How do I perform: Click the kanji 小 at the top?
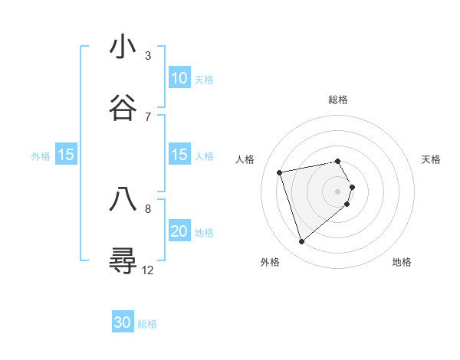point(124,47)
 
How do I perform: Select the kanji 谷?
point(124,108)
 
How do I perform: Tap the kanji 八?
point(124,199)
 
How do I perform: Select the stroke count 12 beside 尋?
point(148,270)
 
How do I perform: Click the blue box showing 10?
point(179,78)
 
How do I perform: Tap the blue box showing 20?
point(179,231)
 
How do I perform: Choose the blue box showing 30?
point(123,322)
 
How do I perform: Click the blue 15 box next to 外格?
point(66,155)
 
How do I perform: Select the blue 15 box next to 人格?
point(179,155)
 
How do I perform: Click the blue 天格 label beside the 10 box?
point(204,79)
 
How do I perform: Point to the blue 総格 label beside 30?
point(147,324)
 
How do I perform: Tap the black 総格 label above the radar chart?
point(338,100)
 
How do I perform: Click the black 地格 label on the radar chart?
point(402,262)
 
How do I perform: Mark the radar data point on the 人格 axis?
point(280,172)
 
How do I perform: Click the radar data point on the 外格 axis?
point(302,241)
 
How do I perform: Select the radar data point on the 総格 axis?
point(338,161)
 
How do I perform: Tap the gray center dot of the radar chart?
point(338,191)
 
